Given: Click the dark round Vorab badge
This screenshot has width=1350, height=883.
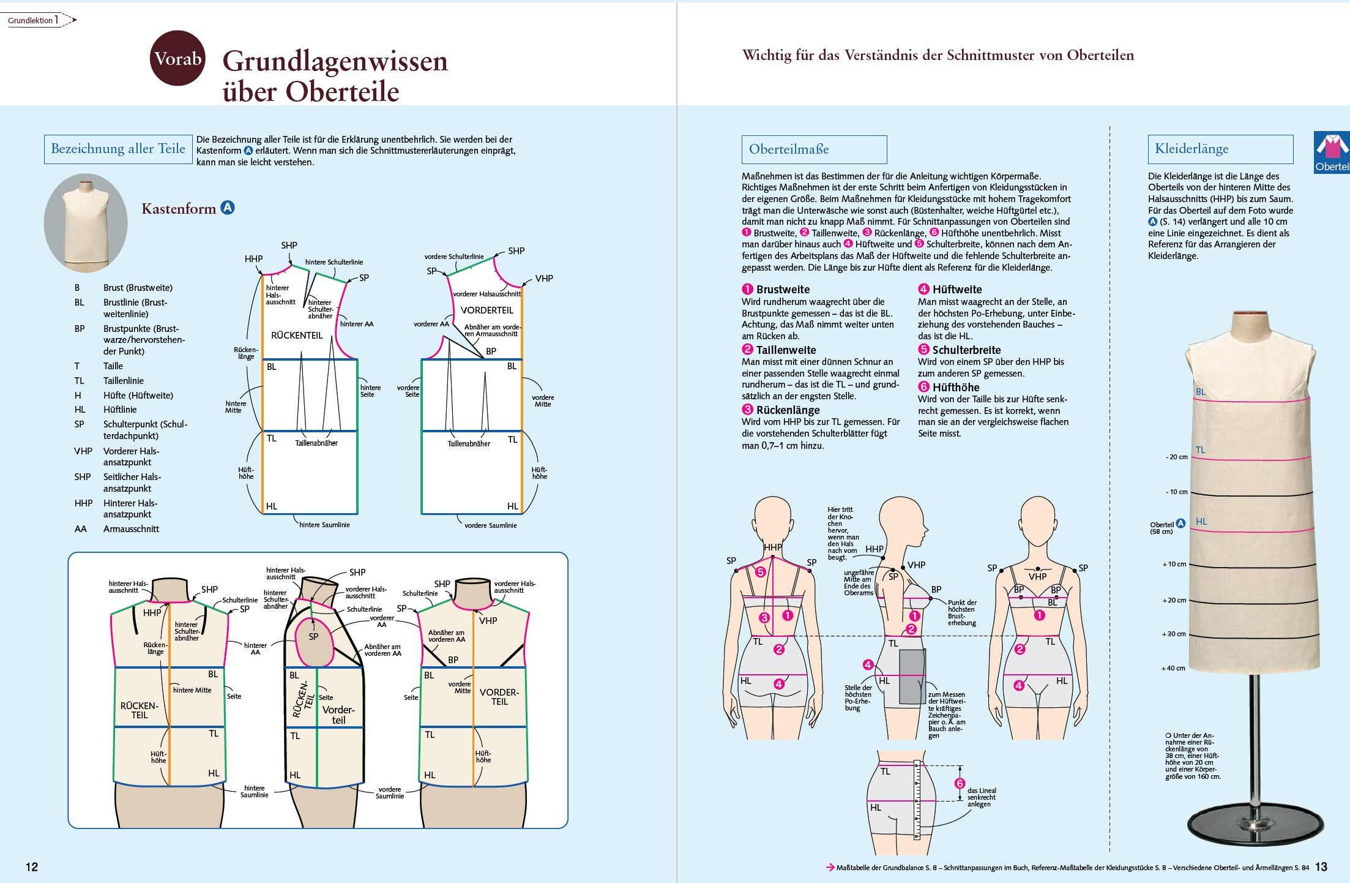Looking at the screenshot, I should pyautogui.click(x=177, y=58).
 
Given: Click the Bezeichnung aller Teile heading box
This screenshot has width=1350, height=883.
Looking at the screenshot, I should pyautogui.click(x=118, y=149).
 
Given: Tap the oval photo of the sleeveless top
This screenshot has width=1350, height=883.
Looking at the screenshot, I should pyautogui.click(x=86, y=223).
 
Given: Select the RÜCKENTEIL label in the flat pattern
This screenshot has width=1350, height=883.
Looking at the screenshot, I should pyautogui.click(x=297, y=336).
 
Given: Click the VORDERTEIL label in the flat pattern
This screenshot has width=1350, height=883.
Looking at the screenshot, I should pyautogui.click(x=487, y=310).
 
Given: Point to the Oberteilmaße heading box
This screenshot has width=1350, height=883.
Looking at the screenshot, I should pyautogui.click(x=814, y=149).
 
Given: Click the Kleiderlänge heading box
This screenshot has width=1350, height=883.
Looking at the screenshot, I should pyautogui.click(x=1220, y=149).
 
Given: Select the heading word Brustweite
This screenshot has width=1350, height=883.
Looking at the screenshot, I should pyautogui.click(x=783, y=290).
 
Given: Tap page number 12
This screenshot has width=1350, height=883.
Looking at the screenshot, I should pyautogui.click(x=32, y=866).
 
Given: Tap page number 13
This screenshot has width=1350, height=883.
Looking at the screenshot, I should pyautogui.click(x=1321, y=866).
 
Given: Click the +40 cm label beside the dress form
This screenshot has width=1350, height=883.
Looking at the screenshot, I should pyautogui.click(x=1173, y=668).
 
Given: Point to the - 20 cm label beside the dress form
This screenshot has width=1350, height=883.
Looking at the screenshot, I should pyautogui.click(x=1176, y=457).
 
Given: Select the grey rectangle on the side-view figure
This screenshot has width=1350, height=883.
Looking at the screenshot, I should pyautogui.click(x=912, y=676).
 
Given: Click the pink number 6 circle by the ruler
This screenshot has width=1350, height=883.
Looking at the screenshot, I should pyautogui.click(x=960, y=784).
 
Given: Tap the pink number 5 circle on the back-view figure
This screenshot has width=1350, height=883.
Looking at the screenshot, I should pyautogui.click(x=760, y=572).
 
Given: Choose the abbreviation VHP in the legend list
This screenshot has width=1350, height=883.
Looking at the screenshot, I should pyautogui.click(x=83, y=451).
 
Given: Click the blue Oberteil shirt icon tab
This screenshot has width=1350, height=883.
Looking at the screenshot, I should pyautogui.click(x=1332, y=152).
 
